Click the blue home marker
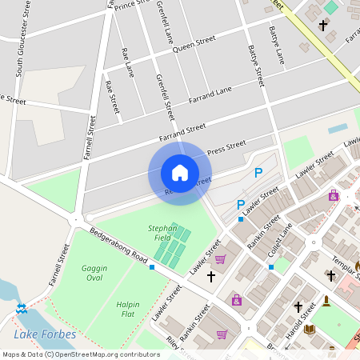180,173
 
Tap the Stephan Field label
162,233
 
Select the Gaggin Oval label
94,273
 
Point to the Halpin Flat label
128,309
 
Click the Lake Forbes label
45,334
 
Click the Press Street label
226,147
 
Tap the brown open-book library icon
310,329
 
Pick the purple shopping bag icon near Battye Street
334,195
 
